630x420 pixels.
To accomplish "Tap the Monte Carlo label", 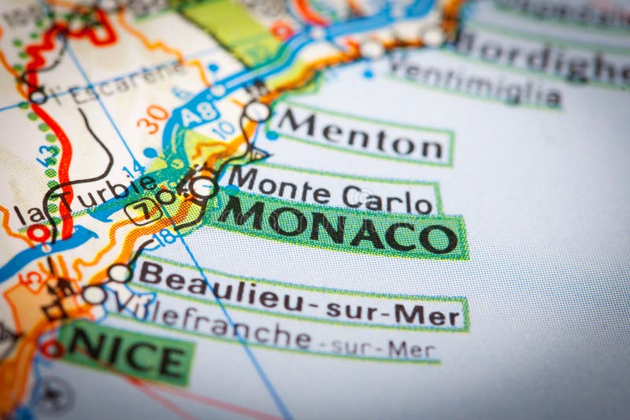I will [331, 190].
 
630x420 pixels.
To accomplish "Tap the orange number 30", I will [152, 119].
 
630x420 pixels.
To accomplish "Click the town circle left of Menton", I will [257, 111].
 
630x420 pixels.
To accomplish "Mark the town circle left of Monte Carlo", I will [204, 187].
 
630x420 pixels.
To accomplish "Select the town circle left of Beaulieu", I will [120, 273].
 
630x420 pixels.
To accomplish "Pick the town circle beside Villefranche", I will [94, 295].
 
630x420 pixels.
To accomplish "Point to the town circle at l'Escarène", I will [37, 97].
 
